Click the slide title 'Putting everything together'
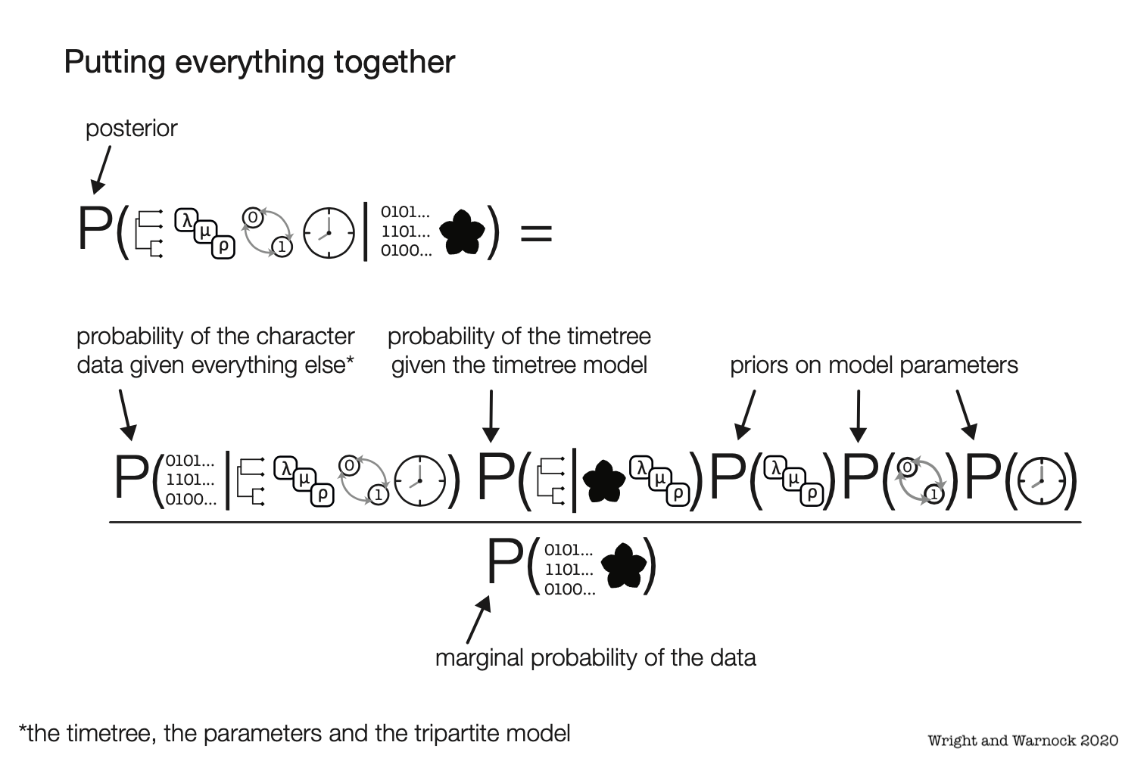pos(259,62)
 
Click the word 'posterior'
pos(131,129)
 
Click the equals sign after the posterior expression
pos(536,232)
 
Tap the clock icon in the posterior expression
pos(329,232)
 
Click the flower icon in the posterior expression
pos(462,232)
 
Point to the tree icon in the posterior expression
pos(150,232)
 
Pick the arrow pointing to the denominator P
pos(478,620)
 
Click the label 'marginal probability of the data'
pos(595,658)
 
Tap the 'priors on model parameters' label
pos(874,365)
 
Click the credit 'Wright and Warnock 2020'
pos(1022,741)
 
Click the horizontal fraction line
pos(595,522)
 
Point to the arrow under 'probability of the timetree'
pos(491,416)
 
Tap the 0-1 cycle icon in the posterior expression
pos(267,231)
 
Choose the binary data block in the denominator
pos(569,570)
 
